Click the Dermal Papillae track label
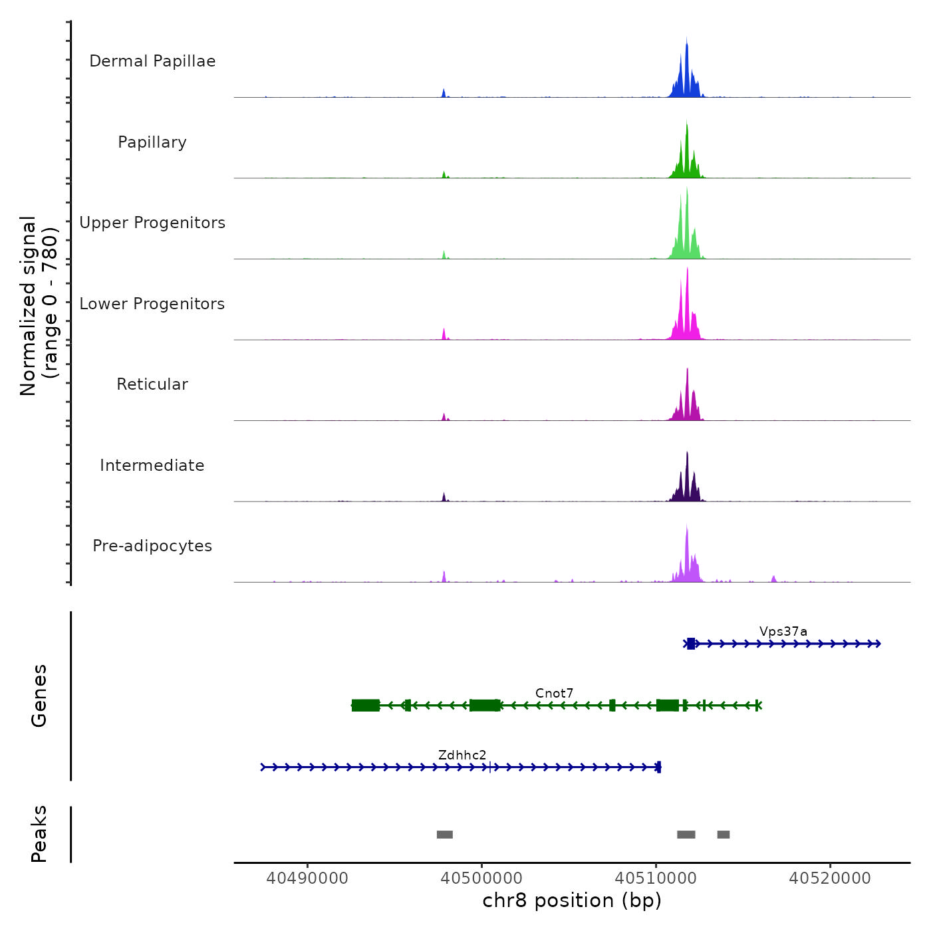click(152, 61)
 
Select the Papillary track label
click(152, 142)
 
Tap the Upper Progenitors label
click(152, 223)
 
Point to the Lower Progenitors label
click(152, 304)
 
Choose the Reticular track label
click(152, 384)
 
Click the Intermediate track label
click(152, 465)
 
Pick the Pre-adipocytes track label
click(152, 546)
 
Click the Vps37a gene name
click(783, 631)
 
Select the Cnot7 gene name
click(554, 693)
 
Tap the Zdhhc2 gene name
click(462, 755)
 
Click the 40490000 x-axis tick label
click(307, 878)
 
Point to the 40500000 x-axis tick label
click(481, 878)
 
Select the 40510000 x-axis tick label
click(656, 878)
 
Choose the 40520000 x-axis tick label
click(830, 878)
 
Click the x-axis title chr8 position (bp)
click(572, 900)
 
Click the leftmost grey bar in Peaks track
click(445, 835)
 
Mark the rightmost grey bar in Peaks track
click(724, 835)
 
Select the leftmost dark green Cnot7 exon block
click(366, 706)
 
